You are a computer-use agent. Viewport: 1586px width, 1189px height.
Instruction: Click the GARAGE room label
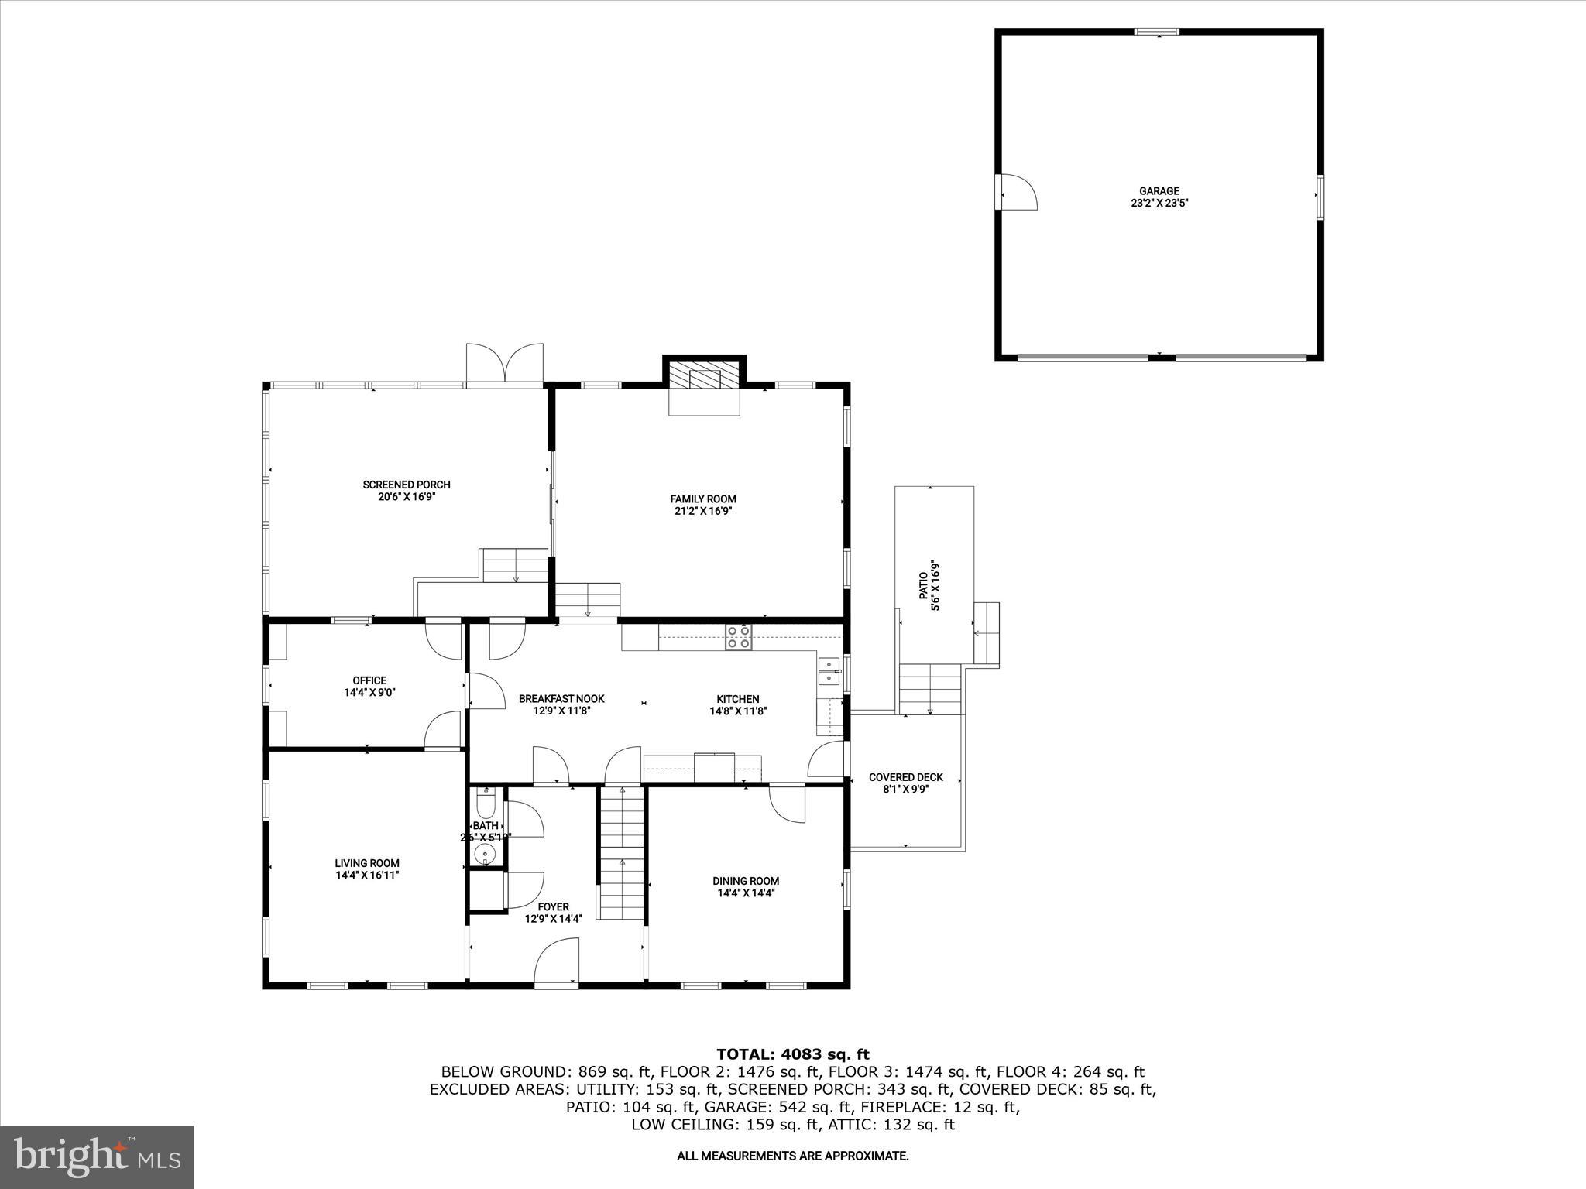click(x=1159, y=191)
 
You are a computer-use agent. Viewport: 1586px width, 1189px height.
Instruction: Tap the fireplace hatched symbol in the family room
click(x=704, y=378)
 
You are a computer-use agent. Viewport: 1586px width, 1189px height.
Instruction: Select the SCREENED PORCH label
click(x=407, y=485)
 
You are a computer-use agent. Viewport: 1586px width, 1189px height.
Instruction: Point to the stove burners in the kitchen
click(x=738, y=637)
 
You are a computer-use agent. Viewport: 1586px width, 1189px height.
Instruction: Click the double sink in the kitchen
click(x=829, y=670)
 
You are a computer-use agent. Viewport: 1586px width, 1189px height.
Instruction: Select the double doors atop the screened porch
click(x=504, y=363)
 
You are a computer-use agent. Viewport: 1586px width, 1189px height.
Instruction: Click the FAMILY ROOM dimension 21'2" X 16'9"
click(x=703, y=511)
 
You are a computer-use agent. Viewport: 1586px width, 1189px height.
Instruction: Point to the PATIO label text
click(x=923, y=585)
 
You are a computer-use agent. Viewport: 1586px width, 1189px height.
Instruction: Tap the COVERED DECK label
click(x=905, y=777)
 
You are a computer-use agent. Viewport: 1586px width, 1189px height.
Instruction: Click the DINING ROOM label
click(x=746, y=881)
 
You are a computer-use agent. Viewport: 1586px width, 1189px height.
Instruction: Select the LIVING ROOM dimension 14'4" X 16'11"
click(x=367, y=875)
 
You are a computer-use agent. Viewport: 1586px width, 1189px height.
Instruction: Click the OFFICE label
click(x=369, y=680)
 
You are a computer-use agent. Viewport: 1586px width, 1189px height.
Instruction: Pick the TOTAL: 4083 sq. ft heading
click(x=792, y=1054)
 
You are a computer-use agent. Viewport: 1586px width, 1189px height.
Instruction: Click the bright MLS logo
click(x=97, y=1156)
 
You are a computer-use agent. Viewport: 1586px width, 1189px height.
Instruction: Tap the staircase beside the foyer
click(x=621, y=851)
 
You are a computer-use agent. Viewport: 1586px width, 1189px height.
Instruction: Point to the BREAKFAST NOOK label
click(x=561, y=698)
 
